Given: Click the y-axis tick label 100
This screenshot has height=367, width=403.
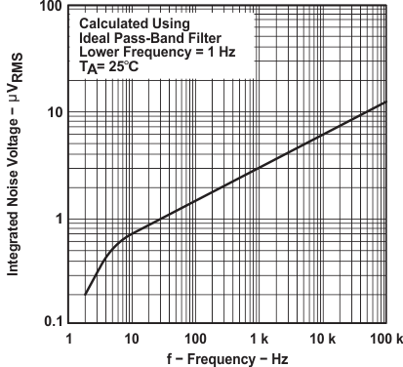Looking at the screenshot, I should [x=52, y=8].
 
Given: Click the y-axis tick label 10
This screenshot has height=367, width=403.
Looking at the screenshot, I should [x=56, y=112].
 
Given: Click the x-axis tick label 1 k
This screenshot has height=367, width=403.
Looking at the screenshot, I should [x=258, y=339].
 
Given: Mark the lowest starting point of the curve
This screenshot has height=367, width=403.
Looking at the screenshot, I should [x=86, y=294].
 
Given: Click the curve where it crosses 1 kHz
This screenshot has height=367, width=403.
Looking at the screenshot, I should [x=260, y=168].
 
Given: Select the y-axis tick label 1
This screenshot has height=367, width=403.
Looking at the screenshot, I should [x=60, y=218].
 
